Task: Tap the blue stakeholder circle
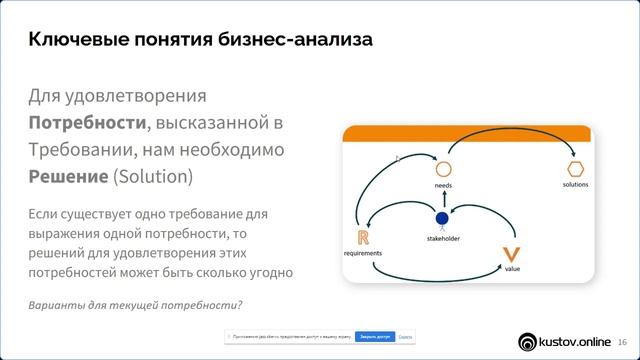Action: [440, 218]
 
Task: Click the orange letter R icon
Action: [362, 237]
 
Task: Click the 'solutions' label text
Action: [575, 185]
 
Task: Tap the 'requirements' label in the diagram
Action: [364, 253]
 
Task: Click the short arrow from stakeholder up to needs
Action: [441, 200]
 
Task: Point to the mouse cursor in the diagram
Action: [397, 158]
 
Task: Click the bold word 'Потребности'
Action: [87, 123]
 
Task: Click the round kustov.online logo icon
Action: [528, 341]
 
